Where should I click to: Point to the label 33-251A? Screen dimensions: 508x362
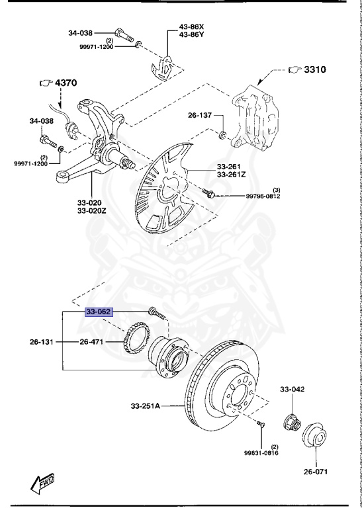tap(146, 405)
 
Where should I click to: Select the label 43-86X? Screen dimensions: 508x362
tap(192, 27)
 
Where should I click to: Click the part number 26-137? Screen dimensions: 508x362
tap(199, 114)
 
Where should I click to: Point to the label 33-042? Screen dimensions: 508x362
tap(292, 390)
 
